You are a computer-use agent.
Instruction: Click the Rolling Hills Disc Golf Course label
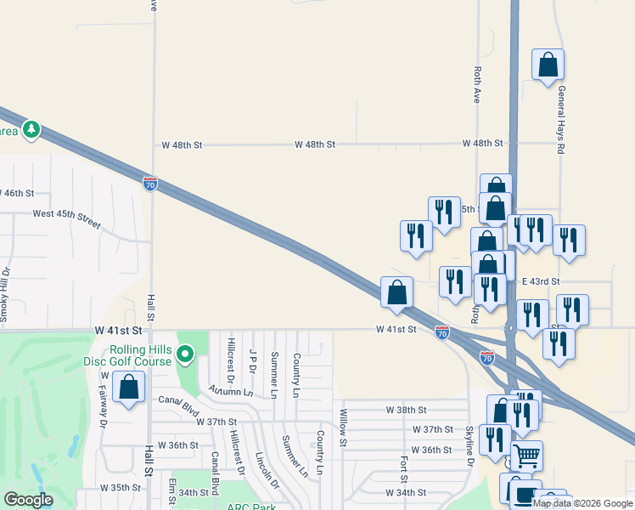[x=140, y=359]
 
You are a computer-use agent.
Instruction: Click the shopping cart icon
[x=526, y=456]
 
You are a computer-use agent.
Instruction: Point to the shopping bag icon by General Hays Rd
[x=548, y=65]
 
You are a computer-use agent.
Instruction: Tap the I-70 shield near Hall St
[x=149, y=184]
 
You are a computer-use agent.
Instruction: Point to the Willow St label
[x=343, y=427]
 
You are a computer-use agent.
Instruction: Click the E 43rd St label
[x=541, y=281]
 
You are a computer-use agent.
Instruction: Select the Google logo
[x=28, y=500]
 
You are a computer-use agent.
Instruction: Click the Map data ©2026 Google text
[x=582, y=503]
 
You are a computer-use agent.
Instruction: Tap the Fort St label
[x=405, y=467]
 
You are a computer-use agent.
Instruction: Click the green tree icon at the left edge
[x=31, y=129]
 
